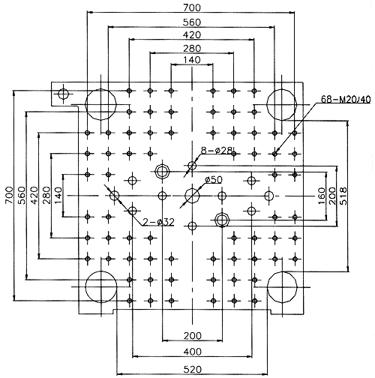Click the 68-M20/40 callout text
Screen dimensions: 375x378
[346, 100]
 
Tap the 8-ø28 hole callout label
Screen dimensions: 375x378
[217, 151]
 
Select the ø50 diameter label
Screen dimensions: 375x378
[213, 179]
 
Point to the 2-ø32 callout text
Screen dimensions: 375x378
[158, 222]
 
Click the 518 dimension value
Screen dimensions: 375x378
[344, 196]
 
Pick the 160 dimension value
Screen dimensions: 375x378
[322, 196]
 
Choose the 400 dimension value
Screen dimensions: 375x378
[192, 352]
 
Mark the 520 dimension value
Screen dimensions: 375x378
[192, 369]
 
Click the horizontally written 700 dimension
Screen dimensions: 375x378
[192, 7]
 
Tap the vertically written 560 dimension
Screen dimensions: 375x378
[22, 195]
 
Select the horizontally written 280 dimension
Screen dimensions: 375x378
[192, 48]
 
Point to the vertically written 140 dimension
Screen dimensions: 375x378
[58, 195]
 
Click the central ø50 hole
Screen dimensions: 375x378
[192, 196]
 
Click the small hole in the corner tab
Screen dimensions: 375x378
[63, 94]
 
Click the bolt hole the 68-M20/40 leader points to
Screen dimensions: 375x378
[274, 154]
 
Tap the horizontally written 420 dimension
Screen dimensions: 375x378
[192, 34]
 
